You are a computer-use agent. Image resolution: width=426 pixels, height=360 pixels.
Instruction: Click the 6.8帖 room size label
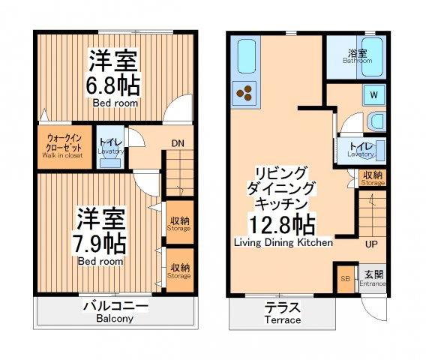(x=112, y=85)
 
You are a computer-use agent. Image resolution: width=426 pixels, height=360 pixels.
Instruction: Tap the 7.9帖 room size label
(x=99, y=243)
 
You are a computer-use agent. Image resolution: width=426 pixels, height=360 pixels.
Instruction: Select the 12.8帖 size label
(x=282, y=224)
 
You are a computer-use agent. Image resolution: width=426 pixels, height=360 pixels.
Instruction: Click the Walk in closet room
(x=64, y=146)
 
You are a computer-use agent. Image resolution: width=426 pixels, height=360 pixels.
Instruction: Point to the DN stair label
(x=178, y=143)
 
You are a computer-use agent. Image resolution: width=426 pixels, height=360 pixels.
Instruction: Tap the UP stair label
(x=371, y=244)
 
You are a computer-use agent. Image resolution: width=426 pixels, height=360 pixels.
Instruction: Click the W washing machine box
(x=374, y=95)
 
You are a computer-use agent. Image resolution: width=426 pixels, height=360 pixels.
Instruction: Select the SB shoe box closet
(x=346, y=279)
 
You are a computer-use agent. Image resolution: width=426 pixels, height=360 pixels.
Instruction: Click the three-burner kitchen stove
(x=244, y=93)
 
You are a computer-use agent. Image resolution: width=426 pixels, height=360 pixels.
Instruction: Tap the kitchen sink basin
(x=247, y=56)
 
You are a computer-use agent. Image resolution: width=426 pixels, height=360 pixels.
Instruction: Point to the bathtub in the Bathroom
(x=372, y=56)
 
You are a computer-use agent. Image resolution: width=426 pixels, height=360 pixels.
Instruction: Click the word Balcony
(x=115, y=319)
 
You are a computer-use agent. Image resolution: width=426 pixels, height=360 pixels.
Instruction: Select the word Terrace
(x=283, y=319)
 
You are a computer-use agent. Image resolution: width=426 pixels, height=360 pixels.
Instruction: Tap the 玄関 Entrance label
(x=373, y=279)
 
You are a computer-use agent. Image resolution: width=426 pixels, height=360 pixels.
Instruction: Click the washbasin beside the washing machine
(x=377, y=121)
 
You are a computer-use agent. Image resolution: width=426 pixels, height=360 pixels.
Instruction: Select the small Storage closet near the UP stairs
(x=372, y=178)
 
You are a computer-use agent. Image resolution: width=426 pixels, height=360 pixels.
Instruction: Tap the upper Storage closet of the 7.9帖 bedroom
(x=179, y=222)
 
